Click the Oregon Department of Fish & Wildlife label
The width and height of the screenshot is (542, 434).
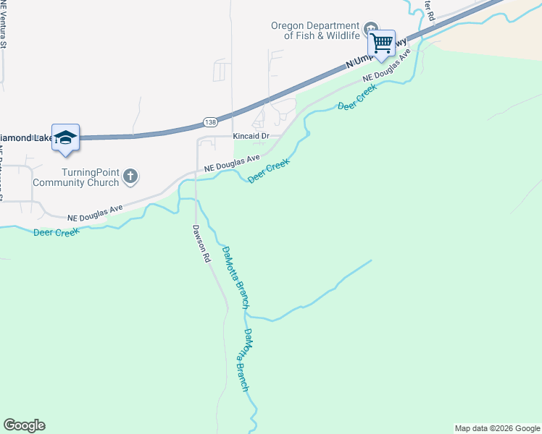tap(315, 30)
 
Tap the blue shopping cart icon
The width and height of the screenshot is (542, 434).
tap(381, 43)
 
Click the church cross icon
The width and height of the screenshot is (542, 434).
tap(130, 176)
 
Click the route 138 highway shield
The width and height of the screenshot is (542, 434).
tap(209, 122)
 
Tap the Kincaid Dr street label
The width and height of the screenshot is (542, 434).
tap(251, 136)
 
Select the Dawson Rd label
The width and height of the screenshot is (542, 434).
tap(201, 243)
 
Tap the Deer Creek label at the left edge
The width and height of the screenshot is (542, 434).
tap(56, 232)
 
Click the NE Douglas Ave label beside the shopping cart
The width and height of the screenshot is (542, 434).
tap(387, 65)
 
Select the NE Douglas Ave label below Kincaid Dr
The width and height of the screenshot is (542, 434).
tap(232, 163)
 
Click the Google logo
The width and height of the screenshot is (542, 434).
tap(24, 425)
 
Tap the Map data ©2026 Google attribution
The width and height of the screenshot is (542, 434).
tap(496, 428)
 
